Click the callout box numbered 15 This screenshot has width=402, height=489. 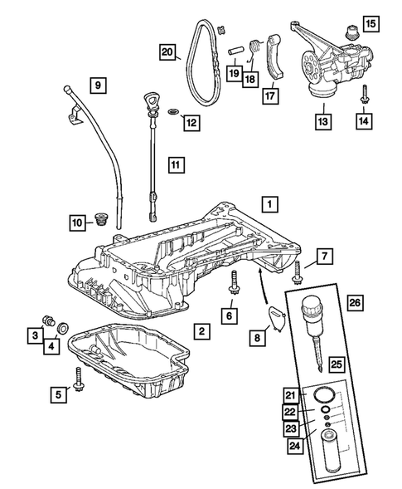(371, 24)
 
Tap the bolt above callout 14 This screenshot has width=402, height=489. (364, 94)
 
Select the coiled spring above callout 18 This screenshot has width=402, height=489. (255, 46)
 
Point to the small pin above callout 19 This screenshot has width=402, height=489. (235, 51)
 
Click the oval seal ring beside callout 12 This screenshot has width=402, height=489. (173, 111)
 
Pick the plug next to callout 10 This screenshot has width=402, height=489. (100, 218)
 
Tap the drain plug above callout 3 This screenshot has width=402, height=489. (48, 320)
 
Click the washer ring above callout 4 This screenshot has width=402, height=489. (63, 329)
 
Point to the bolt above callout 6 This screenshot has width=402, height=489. (233, 282)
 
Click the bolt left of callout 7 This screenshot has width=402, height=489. (296, 272)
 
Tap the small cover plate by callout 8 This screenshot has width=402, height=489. (277, 317)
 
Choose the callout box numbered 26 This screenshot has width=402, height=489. (355, 302)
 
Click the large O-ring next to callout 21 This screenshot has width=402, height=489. (324, 395)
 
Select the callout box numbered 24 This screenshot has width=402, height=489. (295, 445)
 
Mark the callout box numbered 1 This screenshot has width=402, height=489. (269, 204)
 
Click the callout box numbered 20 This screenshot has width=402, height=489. (167, 51)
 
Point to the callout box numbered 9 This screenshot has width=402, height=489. (98, 86)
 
